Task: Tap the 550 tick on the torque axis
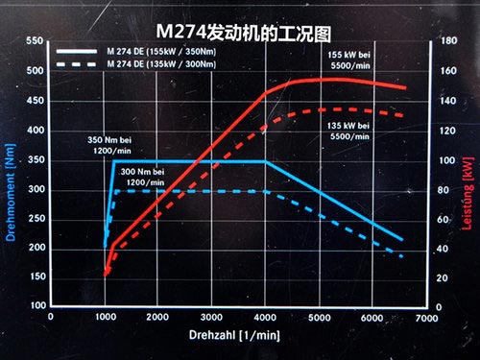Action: pos(35,41)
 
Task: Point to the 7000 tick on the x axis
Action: pos(428,316)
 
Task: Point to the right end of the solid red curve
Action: pos(404,87)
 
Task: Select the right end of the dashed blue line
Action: pos(402,256)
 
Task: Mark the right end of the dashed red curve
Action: pos(404,115)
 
